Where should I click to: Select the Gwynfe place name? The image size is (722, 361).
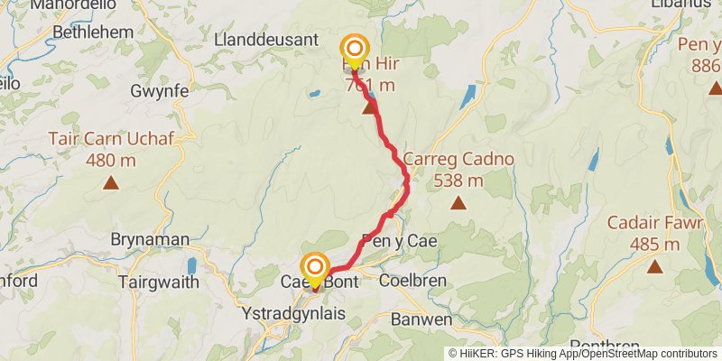click(159, 92)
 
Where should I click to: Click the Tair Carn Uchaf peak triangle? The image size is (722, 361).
click(110, 183)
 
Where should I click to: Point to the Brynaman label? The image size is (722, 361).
click(150, 240)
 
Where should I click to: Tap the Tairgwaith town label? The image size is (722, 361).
click(158, 282)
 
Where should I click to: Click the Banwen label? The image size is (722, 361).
click(421, 319)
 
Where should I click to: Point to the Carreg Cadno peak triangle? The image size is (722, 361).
click(458, 203)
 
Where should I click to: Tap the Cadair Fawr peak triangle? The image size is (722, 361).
click(655, 266)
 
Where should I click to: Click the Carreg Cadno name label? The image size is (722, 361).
click(458, 160)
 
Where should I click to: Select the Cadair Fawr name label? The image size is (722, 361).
click(655, 223)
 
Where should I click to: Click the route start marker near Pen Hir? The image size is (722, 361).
click(354, 50)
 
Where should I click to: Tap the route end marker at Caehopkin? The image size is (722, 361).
click(315, 267)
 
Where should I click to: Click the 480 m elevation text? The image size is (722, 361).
click(110, 161)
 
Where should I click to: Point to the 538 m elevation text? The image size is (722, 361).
click(458, 180)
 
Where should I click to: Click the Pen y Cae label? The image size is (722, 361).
click(399, 241)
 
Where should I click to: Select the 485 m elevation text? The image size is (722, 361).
click(655, 244)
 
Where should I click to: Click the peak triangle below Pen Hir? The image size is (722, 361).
click(369, 108)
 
